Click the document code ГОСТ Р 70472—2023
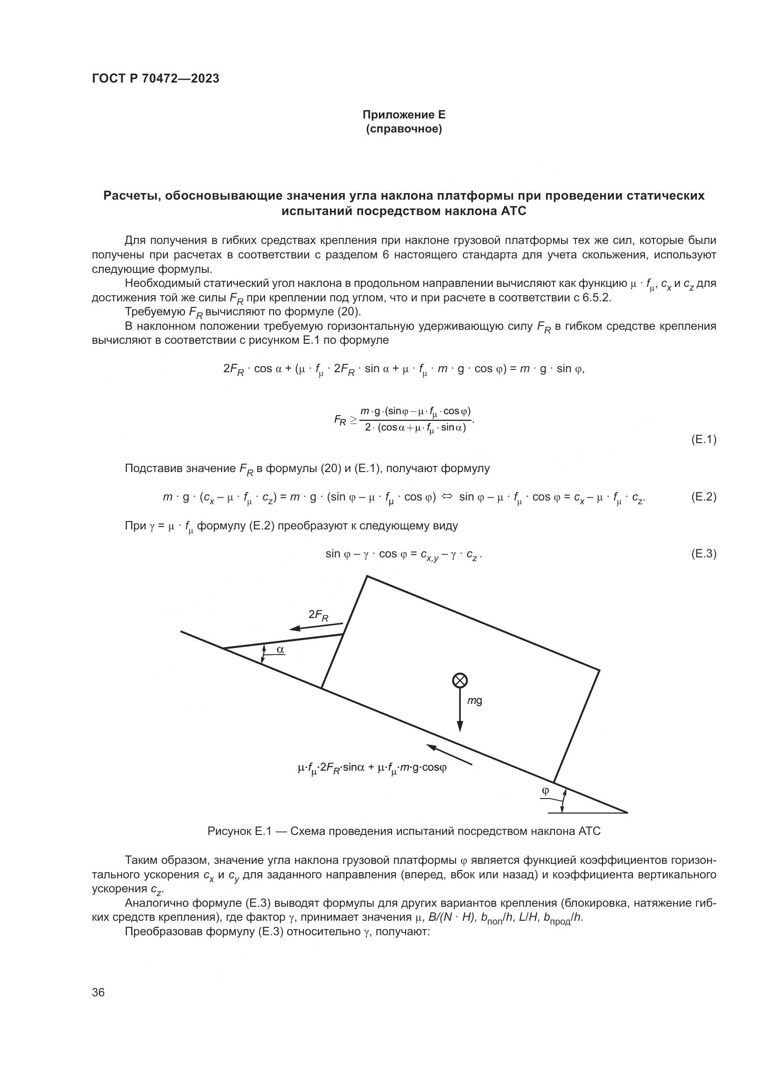pyautogui.click(x=155, y=79)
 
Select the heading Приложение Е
pyautogui.click(x=404, y=115)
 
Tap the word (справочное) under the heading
pyautogui.click(x=404, y=129)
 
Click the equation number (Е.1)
pyautogui.click(x=703, y=439)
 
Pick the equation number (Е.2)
pyautogui.click(x=703, y=497)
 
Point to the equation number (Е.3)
pyautogui.click(x=703, y=554)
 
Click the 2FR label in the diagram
pyautogui.click(x=318, y=615)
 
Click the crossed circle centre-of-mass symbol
pyautogui.click(x=459, y=681)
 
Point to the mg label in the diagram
pyautogui.click(x=474, y=701)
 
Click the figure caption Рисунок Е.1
pyautogui.click(x=404, y=831)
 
